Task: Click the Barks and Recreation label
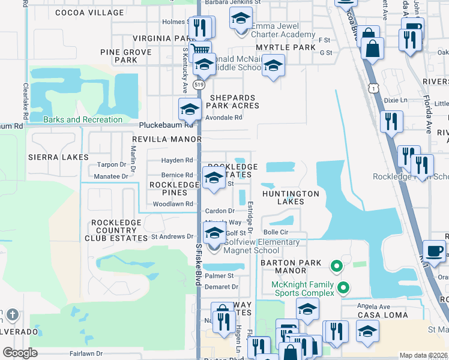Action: point(83,119)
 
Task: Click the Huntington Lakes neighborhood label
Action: point(291,198)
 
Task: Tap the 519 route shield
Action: point(197,86)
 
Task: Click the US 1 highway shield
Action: point(373,88)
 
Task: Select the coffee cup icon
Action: point(433,251)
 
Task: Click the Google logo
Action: point(19,353)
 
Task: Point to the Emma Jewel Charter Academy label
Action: point(283,31)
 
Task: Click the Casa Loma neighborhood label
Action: point(382,315)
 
